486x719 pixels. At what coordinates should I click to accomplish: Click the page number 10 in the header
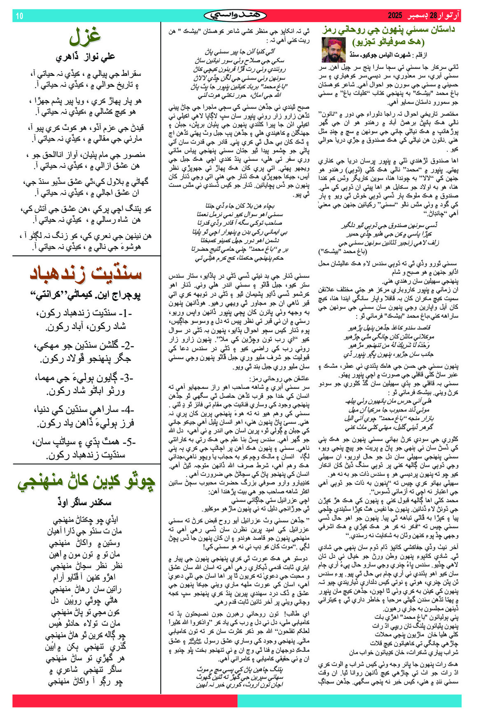click(19, 16)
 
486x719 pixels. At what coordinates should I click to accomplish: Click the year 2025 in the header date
click(395, 16)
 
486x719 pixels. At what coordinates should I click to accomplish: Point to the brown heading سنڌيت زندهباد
click(86, 273)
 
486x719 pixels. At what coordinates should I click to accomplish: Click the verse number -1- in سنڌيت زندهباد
click(124, 313)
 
